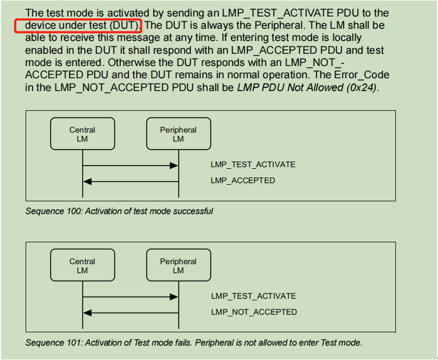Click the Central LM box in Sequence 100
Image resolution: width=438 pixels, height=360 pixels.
click(x=82, y=134)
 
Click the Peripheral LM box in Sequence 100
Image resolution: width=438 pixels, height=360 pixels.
click(x=178, y=134)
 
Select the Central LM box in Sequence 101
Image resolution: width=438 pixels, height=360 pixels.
click(x=82, y=266)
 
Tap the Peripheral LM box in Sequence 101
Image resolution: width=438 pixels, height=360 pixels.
click(x=178, y=266)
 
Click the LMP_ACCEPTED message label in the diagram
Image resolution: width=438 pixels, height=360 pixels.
click(x=242, y=181)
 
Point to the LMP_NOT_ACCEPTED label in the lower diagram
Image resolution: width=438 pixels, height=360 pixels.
click(x=254, y=312)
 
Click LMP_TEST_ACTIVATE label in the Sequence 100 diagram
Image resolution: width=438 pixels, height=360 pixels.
click(x=253, y=165)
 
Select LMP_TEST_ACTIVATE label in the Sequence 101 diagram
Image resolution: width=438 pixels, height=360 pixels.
click(x=253, y=296)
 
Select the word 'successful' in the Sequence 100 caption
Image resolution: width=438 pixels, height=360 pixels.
click(x=195, y=211)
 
